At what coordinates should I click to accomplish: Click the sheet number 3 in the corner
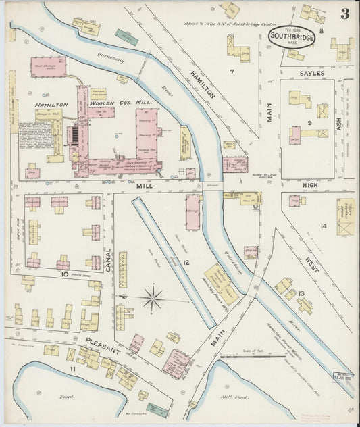[x=344, y=14]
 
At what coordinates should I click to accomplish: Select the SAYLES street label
[x=313, y=72]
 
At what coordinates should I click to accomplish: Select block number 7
[x=231, y=71]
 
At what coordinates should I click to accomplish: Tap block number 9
[x=308, y=122]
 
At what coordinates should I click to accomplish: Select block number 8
[x=322, y=31]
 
